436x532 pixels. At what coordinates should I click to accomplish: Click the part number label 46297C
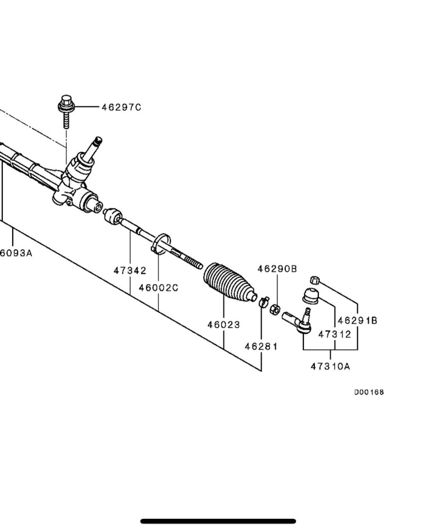(121, 107)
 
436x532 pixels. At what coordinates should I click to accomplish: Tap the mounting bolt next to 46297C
(66, 110)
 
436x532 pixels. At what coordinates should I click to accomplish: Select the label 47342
(130, 271)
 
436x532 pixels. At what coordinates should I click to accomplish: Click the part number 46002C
(159, 288)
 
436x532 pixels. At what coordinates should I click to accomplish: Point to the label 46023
(223, 325)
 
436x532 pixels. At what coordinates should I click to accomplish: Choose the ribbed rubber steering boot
(228, 282)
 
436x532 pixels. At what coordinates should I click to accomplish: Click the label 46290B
(277, 269)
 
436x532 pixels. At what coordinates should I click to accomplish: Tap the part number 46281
(261, 346)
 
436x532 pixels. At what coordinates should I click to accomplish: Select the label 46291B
(357, 321)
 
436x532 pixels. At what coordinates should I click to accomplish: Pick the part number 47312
(335, 334)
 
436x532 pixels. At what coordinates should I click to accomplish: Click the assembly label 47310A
(330, 366)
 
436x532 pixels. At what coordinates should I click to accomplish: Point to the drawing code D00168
(369, 392)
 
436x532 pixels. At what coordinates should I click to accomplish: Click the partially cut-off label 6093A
(16, 253)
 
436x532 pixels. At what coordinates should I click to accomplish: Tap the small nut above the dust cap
(314, 280)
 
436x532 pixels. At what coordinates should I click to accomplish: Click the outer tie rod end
(297, 321)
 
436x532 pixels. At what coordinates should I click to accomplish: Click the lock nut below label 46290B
(275, 309)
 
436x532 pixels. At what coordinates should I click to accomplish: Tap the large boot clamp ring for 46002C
(161, 244)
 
